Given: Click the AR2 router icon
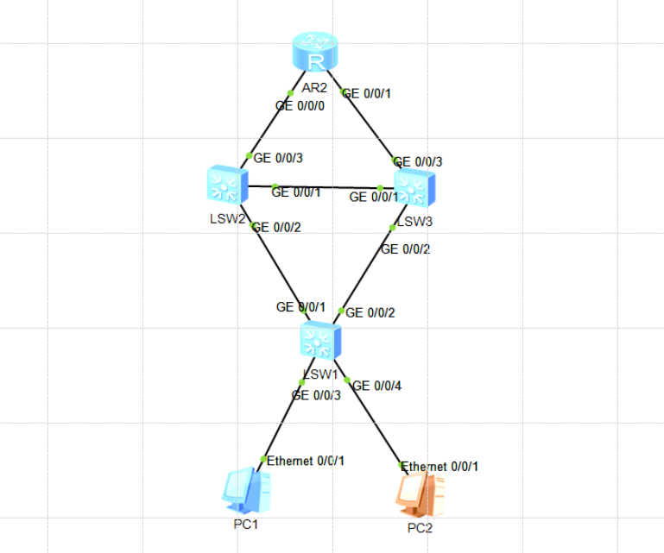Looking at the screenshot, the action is point(314,53).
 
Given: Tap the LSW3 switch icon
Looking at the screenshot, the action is point(415,188).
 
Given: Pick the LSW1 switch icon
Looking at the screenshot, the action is point(320,342).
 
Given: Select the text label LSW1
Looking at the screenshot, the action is point(319,374).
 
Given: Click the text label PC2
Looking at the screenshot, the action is point(420,528).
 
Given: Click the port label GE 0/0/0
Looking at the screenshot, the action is point(300,106).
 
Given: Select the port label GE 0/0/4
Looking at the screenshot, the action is point(377,386).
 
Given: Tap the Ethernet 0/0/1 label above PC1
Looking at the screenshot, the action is point(306,461).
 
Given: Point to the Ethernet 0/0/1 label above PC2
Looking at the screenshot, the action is point(440,466).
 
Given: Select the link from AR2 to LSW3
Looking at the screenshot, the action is point(371,125).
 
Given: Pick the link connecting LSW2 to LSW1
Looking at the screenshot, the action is point(276,267).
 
